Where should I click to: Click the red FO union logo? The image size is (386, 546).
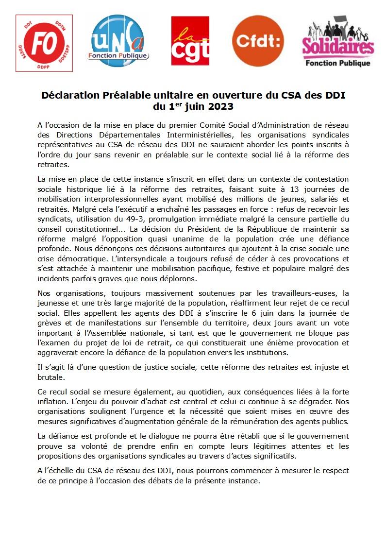pos(44,43)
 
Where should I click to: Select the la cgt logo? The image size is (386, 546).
pos(190,41)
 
